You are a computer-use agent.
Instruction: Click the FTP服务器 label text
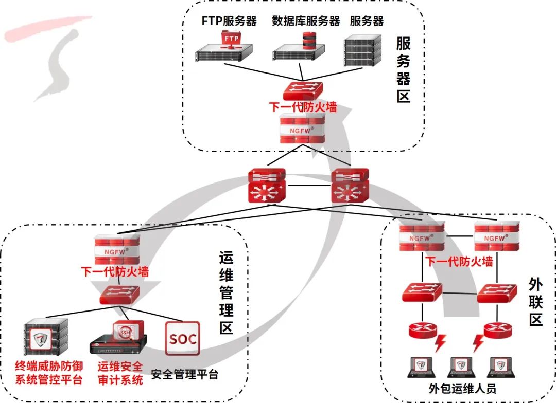coord(229,21)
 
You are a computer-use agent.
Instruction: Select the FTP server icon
coord(224,49)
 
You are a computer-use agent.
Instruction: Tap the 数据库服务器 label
coord(306,21)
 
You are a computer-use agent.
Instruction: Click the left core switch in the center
coord(266,185)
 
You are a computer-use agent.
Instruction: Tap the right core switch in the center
coord(350,185)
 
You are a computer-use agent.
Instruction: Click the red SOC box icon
coord(183,339)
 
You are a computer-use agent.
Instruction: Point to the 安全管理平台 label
coord(185,374)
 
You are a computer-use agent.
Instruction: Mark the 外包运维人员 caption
coord(462,388)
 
